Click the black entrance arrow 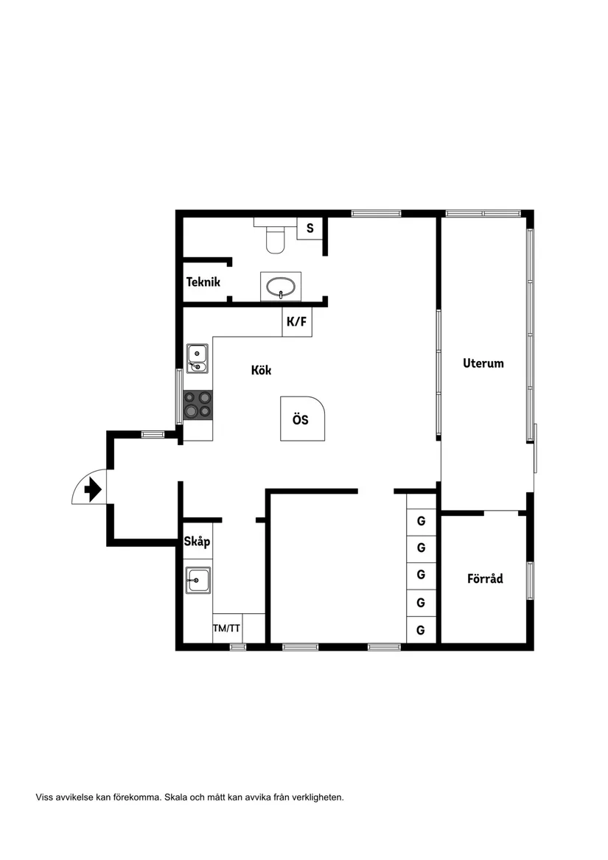tap(94, 489)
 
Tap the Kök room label tap(261, 370)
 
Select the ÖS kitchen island tap(301, 419)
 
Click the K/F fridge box tap(296, 322)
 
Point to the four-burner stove tap(198, 405)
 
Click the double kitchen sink tap(198, 358)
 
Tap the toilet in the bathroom tap(276, 237)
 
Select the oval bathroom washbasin tap(281, 286)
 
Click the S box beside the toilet tap(310, 228)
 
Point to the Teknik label tap(203, 282)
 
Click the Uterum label tap(483, 363)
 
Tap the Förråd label tap(485, 578)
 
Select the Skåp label tap(198, 542)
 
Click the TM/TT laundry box tap(227, 629)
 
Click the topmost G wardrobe tap(422, 521)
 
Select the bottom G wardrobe tap(422, 630)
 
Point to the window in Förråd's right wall tap(530, 580)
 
